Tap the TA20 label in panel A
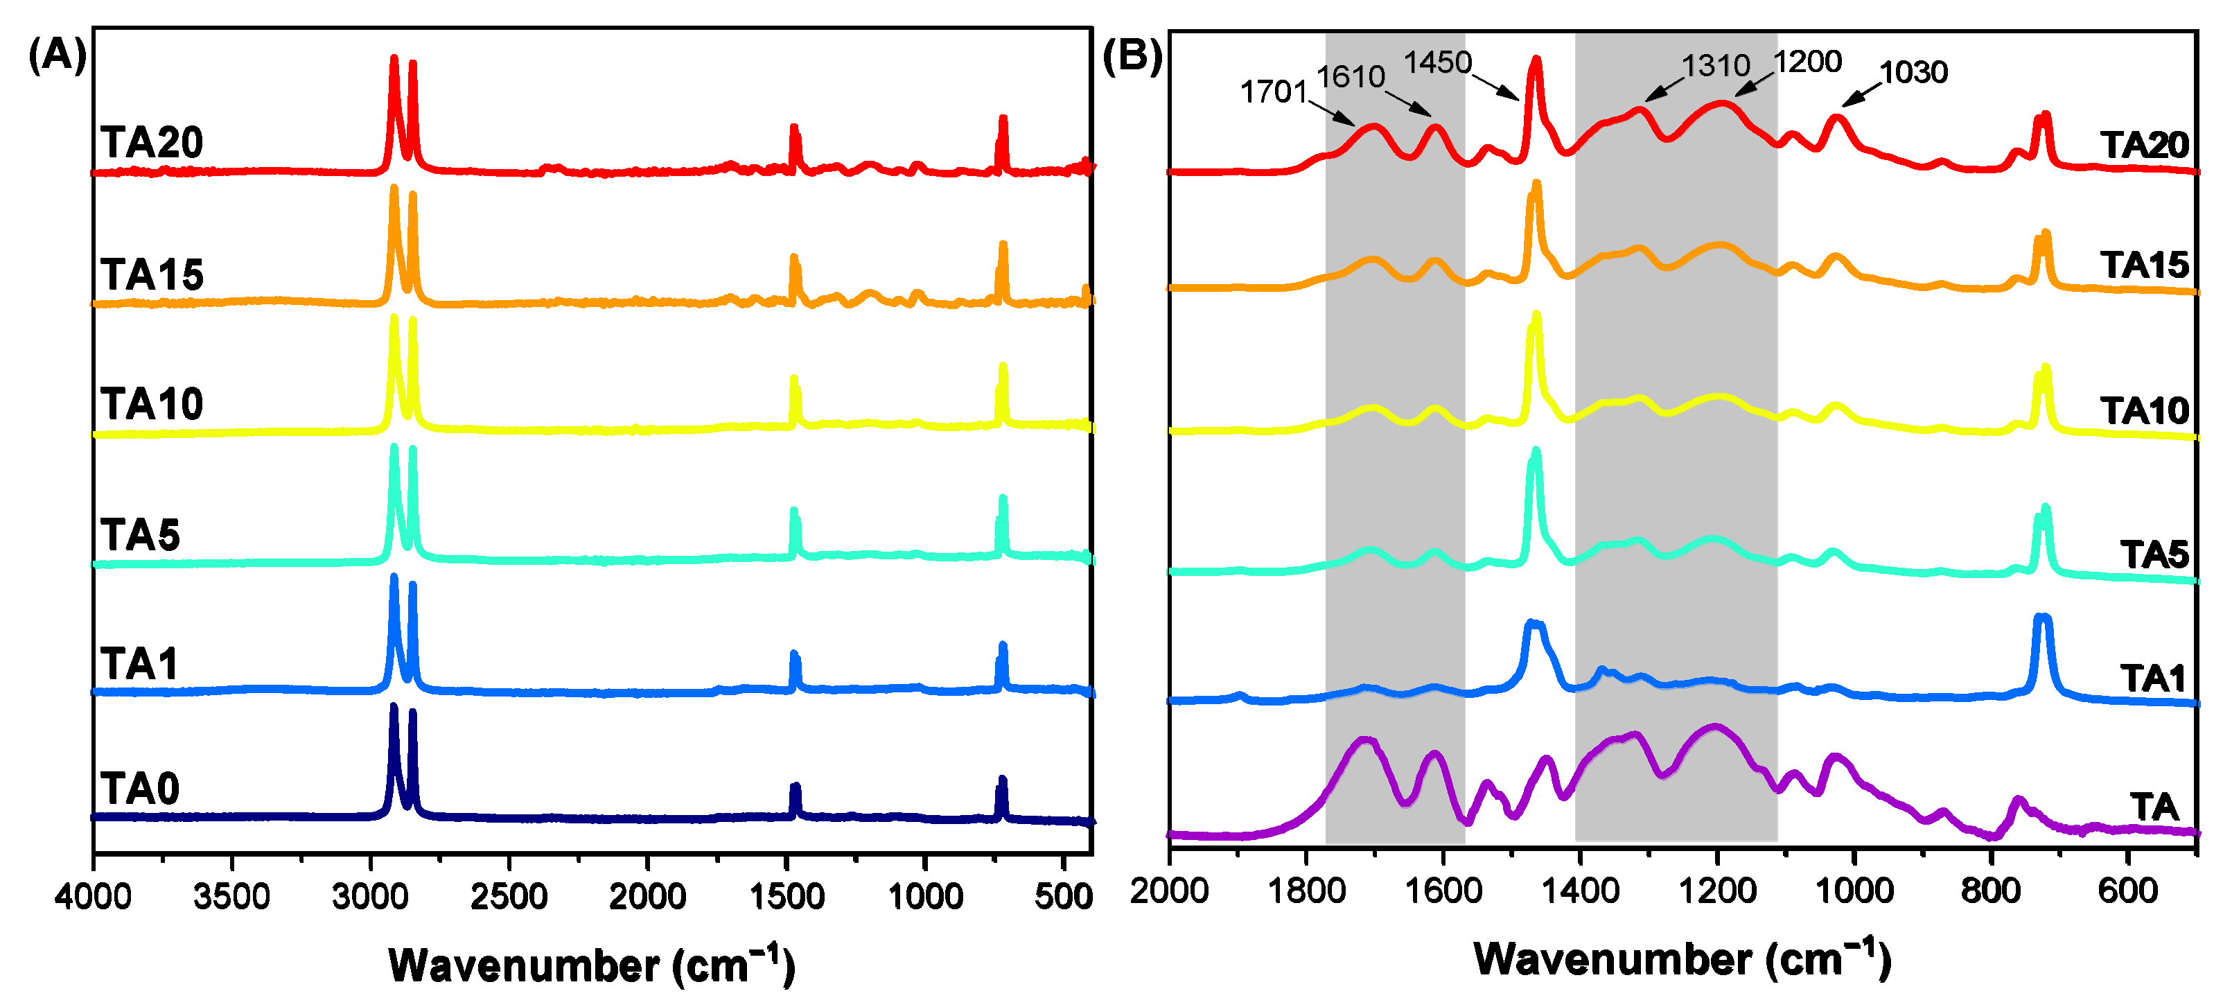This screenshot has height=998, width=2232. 152,142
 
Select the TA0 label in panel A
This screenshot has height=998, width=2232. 139,789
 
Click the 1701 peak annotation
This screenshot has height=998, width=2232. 1272,91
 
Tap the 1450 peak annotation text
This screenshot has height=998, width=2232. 1436,62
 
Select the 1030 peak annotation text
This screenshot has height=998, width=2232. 1913,72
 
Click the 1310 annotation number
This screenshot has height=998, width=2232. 1715,66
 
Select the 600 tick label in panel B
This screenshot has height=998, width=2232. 2127,891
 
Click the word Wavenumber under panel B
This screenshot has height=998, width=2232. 1612,959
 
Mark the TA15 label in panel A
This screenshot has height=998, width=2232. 152,274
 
